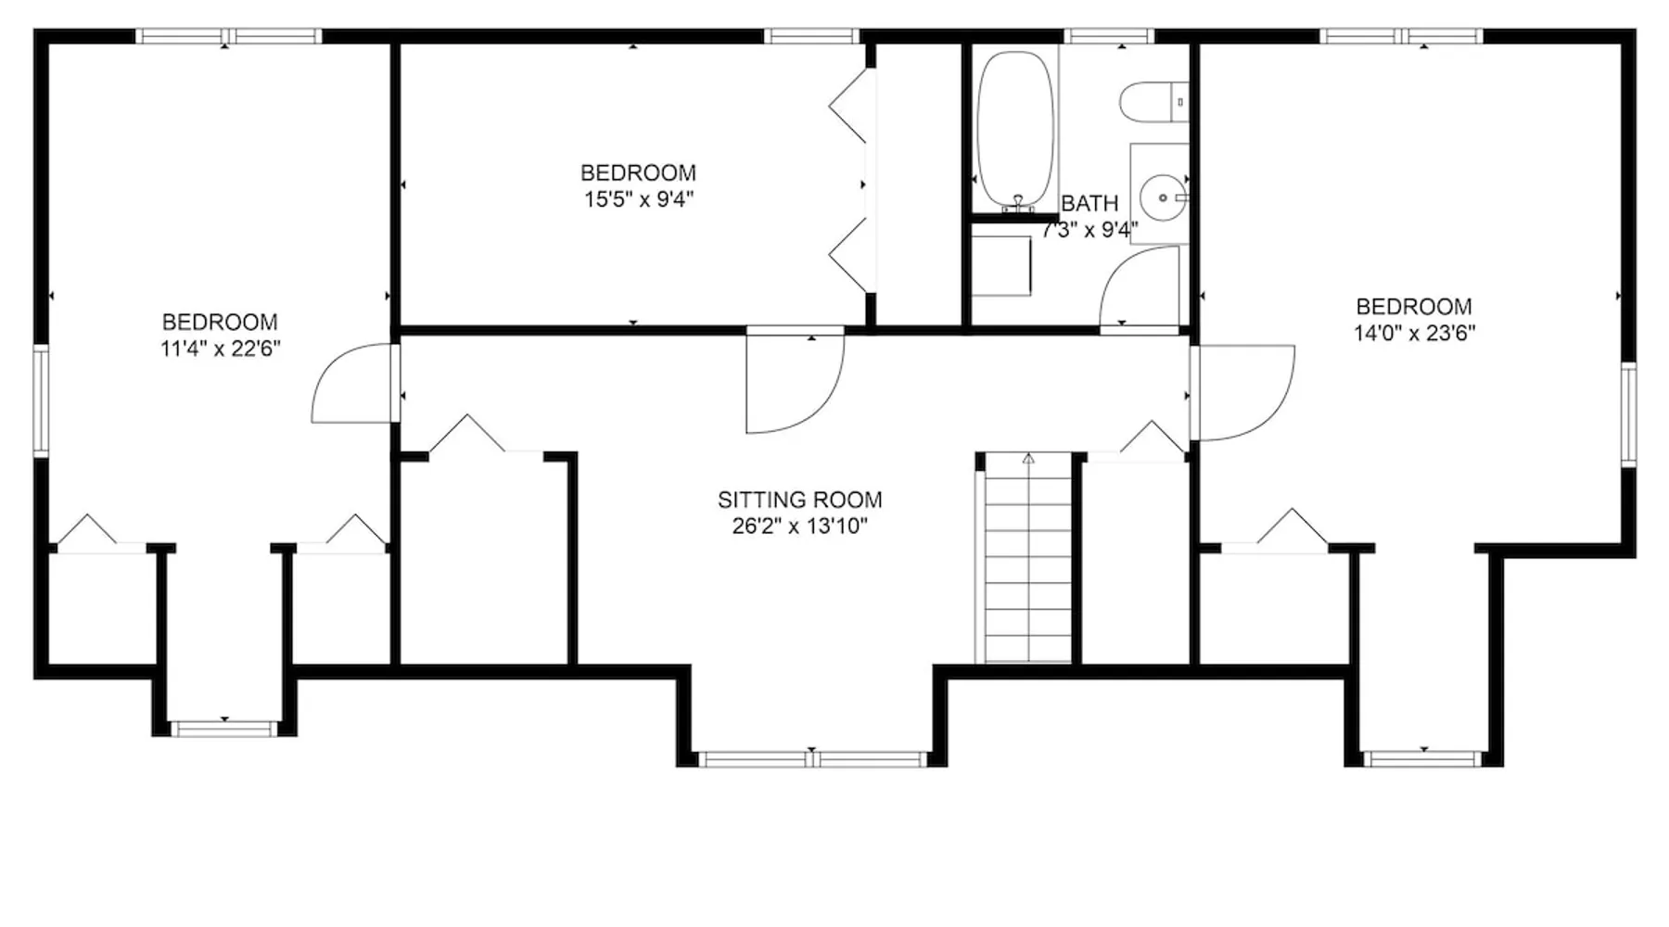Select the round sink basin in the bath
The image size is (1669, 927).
coord(1163,197)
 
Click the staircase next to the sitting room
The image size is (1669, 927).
coord(1027,558)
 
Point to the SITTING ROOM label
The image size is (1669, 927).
coord(799,500)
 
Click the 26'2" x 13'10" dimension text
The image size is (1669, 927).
coord(799,527)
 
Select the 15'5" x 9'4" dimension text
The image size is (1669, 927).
coord(638,199)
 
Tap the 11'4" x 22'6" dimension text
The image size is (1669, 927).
coord(220,349)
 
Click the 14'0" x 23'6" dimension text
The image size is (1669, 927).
coord(1414,333)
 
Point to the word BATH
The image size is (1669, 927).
coord(1089,203)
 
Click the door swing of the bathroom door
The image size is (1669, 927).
coord(1140,286)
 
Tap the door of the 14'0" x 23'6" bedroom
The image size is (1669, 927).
coord(1242,393)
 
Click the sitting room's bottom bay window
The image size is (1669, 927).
coord(812,759)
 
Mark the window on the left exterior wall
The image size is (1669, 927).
coord(41,400)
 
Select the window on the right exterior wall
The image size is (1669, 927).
coord(1628,413)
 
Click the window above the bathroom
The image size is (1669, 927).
coord(1109,36)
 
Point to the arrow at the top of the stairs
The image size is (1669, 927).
coord(1028,458)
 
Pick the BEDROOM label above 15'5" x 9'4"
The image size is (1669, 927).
coord(638,173)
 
